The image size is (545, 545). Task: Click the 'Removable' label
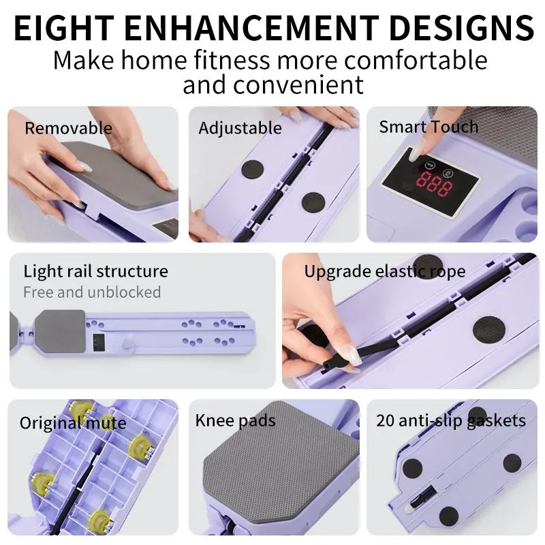69,128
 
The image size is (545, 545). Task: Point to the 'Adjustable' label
240,128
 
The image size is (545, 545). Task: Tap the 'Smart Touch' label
429,127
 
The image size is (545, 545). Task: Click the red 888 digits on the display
435,183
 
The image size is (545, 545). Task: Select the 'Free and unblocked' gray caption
92,292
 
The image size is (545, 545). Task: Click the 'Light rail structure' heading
95,271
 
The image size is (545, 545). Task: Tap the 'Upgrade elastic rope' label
385,272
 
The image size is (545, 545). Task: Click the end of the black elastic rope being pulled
327,365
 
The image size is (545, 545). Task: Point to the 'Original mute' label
73,423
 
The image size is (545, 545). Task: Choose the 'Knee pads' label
235,420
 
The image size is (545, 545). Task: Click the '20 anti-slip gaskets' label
451,420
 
